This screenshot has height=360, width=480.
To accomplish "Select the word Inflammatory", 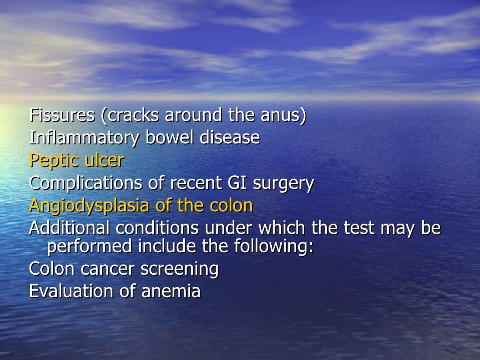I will point(84,138).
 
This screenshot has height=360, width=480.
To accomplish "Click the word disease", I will point(230,138).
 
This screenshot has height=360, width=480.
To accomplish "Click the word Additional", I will point(70,228).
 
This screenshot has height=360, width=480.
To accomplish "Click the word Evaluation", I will point(70,291).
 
